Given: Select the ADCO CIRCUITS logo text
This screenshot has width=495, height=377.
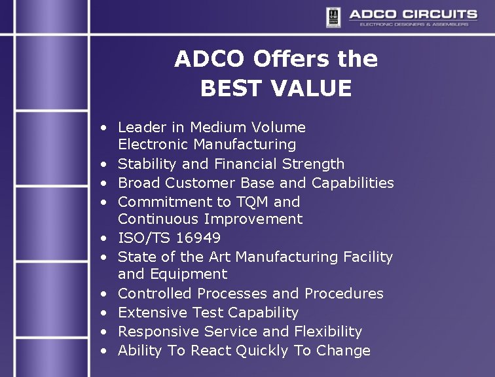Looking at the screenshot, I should (412, 14).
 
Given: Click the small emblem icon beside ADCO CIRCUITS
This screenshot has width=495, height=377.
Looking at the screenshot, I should (333, 16).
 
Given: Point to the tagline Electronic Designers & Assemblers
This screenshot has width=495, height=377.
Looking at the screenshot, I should (414, 24).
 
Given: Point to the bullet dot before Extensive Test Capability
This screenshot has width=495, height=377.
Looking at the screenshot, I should (104, 313).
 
